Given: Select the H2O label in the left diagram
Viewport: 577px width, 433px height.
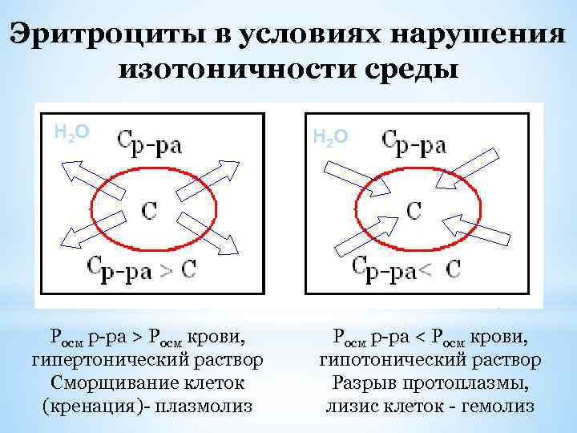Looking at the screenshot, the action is click(x=71, y=131).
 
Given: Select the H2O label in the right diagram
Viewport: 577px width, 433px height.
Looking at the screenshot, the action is click(x=329, y=137).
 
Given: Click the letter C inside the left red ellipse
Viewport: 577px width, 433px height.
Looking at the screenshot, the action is click(x=149, y=210).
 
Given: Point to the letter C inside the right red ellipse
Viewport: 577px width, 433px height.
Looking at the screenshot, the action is click(x=414, y=210).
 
